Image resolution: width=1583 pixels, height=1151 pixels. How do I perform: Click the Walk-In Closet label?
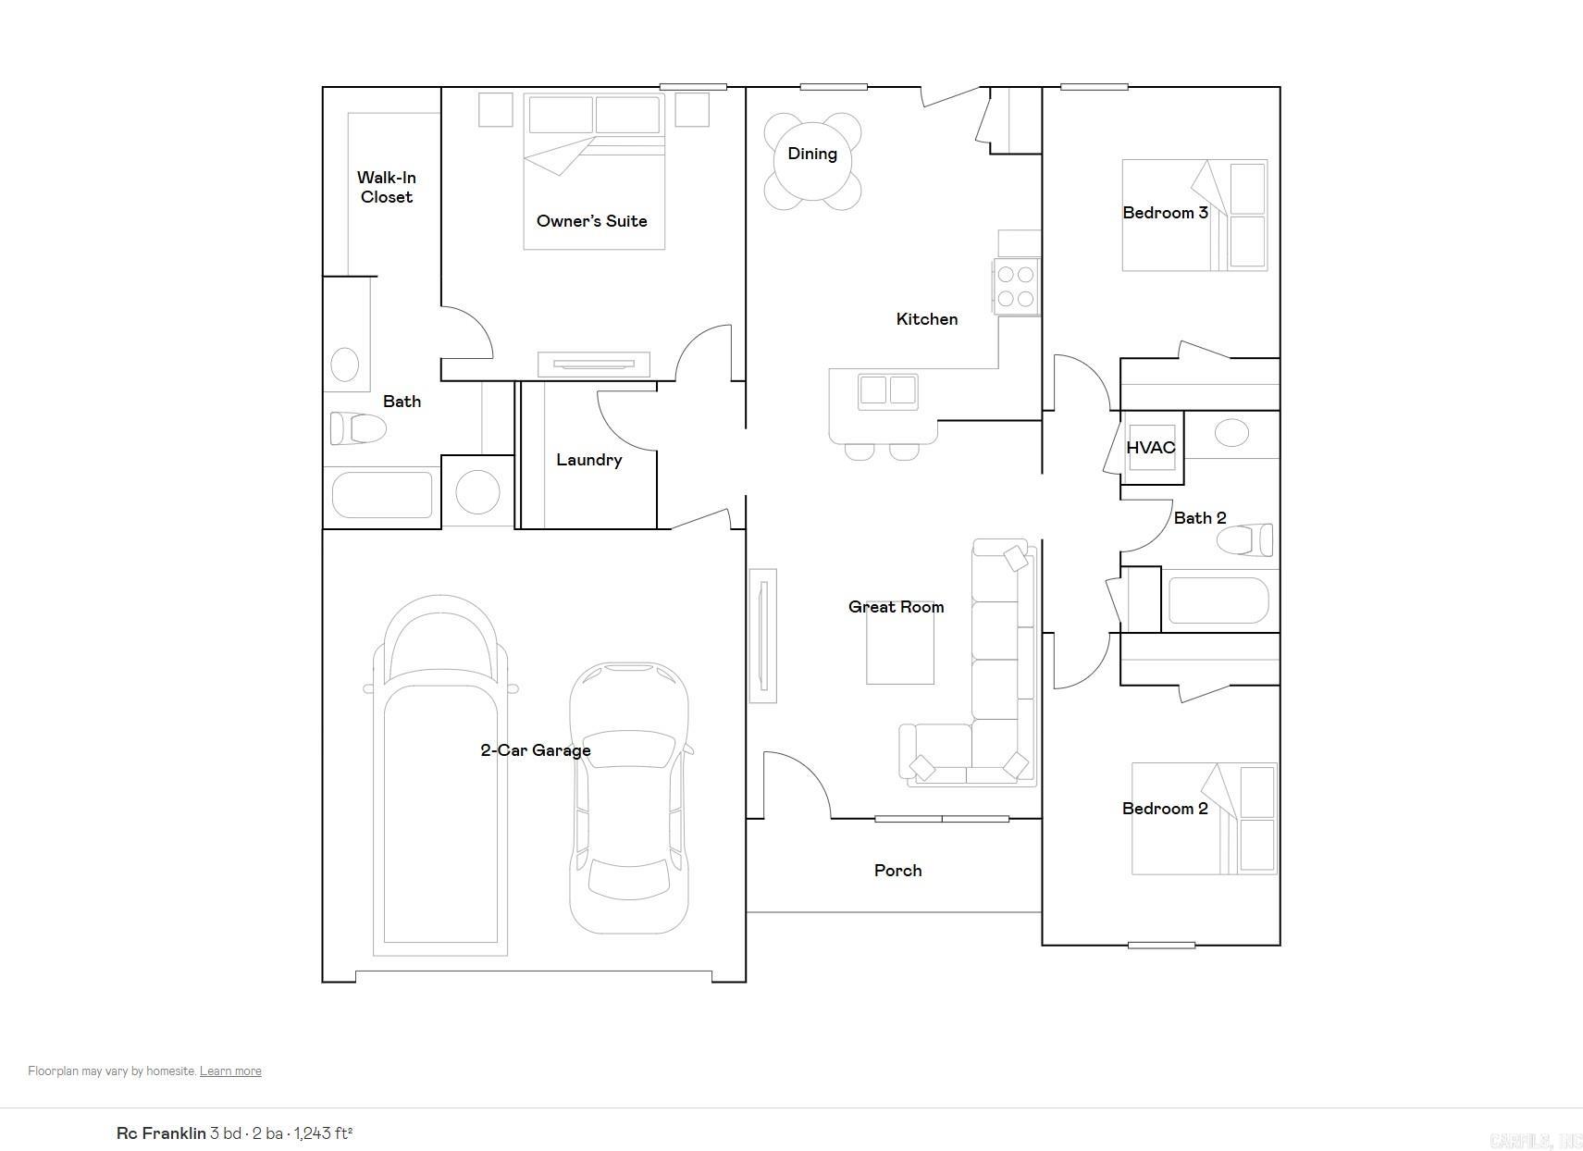pos(386,187)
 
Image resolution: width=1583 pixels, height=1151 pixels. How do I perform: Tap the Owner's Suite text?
pos(591,221)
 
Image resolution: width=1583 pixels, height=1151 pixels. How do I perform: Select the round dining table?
pos(812,161)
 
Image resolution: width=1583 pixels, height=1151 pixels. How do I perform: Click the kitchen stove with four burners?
pos(1016,287)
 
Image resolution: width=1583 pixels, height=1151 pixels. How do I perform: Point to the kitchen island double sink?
pos(887,391)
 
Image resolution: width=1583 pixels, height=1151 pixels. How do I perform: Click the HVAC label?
pos(1150,448)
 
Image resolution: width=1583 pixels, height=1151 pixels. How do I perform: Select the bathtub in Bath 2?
pos(1218,600)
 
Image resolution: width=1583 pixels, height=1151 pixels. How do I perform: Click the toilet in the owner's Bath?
pos(358,428)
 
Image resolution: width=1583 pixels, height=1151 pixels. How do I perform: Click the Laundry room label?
pos(588,460)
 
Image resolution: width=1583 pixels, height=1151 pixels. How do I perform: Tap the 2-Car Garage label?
pos(535,750)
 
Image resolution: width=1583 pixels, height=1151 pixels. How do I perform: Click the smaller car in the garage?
pos(629,796)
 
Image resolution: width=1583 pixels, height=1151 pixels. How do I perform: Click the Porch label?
pos(897,871)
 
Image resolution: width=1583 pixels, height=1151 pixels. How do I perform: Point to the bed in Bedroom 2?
pos(1204,819)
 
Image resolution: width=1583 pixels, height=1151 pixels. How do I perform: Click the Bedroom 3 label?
pos(1164,213)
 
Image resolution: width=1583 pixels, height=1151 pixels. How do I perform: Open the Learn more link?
pos(230,1071)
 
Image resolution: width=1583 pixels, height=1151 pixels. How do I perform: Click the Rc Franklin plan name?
pos(161,1133)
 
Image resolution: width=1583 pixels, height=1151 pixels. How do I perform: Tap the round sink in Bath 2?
pos(1231,432)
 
